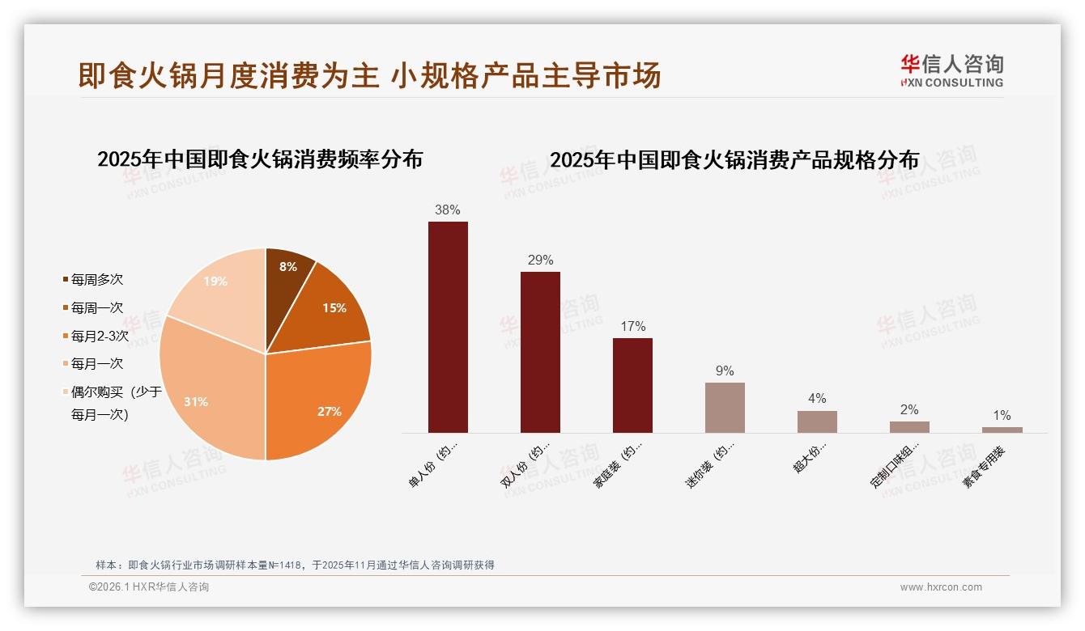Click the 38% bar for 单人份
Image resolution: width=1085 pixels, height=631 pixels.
448,327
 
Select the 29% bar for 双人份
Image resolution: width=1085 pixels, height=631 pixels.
540,352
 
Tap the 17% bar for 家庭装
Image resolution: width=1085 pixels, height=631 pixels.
632,385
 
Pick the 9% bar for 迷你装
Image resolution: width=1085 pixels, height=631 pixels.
725,408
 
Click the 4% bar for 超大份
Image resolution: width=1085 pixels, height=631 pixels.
817,421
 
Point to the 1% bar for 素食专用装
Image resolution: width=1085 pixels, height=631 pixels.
1002,430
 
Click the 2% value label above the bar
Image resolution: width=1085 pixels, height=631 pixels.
909,410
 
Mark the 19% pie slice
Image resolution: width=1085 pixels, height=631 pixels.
216,287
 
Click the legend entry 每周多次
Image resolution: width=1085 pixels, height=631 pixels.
96,280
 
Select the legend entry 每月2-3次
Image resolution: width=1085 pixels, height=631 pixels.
99,336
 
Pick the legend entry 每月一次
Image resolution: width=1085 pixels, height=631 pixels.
96,364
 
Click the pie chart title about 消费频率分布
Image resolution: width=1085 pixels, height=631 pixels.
260,159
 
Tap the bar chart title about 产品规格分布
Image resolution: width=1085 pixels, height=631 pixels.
734,160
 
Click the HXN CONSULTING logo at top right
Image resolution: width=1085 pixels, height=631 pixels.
951,71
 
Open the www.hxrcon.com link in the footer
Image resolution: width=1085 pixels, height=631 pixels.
941,587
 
